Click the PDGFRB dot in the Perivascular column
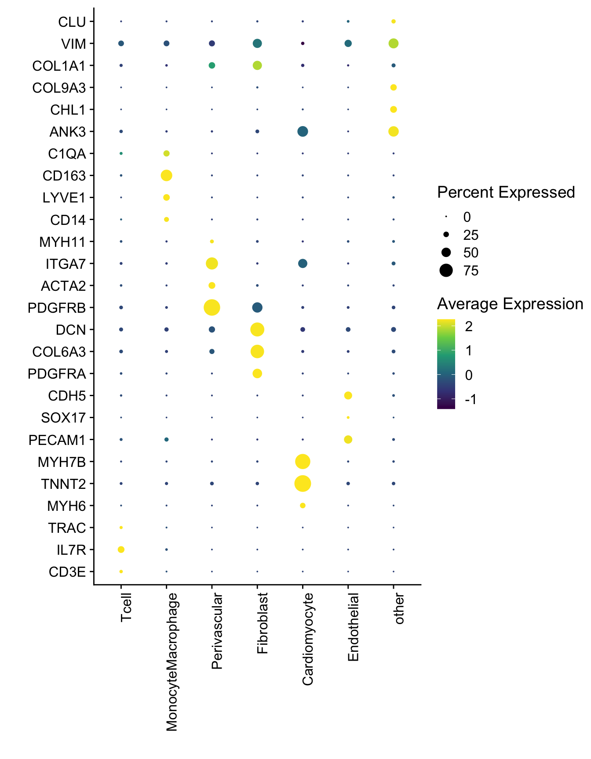pyautogui.click(x=212, y=307)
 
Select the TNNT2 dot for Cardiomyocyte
pyautogui.click(x=303, y=484)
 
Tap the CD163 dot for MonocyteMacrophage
pyautogui.click(x=166, y=176)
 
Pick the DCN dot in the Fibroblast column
pyautogui.click(x=257, y=329)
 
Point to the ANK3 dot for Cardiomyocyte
pyautogui.click(x=303, y=131)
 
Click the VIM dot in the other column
pyautogui.click(x=394, y=43)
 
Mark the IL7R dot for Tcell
pyautogui.click(x=121, y=549)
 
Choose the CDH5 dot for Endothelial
pyautogui.click(x=348, y=396)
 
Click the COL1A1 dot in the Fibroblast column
pyautogui.click(x=257, y=65)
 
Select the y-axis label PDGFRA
pyautogui.click(x=57, y=374)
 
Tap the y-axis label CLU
pyautogui.click(x=72, y=22)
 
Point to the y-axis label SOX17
pyautogui.click(x=63, y=418)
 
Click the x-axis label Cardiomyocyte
pyautogui.click(x=308, y=639)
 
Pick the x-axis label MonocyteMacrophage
pyautogui.click(x=172, y=662)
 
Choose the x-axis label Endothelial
pyautogui.click(x=354, y=627)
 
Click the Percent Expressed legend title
pyautogui.click(x=506, y=192)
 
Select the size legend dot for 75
pyautogui.click(x=446, y=271)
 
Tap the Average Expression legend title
pyautogui.click(x=510, y=304)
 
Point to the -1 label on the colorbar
pyautogui.click(x=470, y=400)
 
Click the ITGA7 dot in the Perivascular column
pyautogui.click(x=212, y=264)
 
